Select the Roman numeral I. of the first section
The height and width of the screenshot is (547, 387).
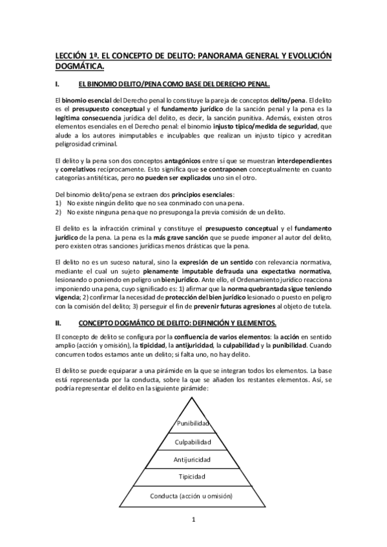point(58,85)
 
